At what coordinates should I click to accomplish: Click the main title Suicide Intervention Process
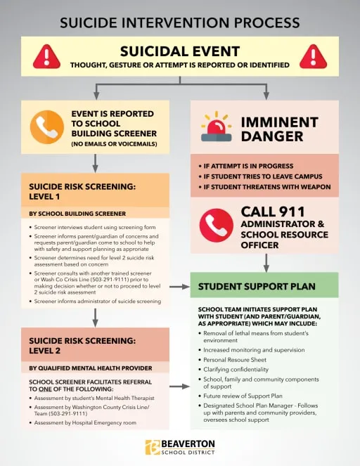click(x=180, y=21)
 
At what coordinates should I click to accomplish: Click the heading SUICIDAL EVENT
click(x=180, y=51)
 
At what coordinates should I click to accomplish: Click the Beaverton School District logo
click(x=180, y=448)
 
